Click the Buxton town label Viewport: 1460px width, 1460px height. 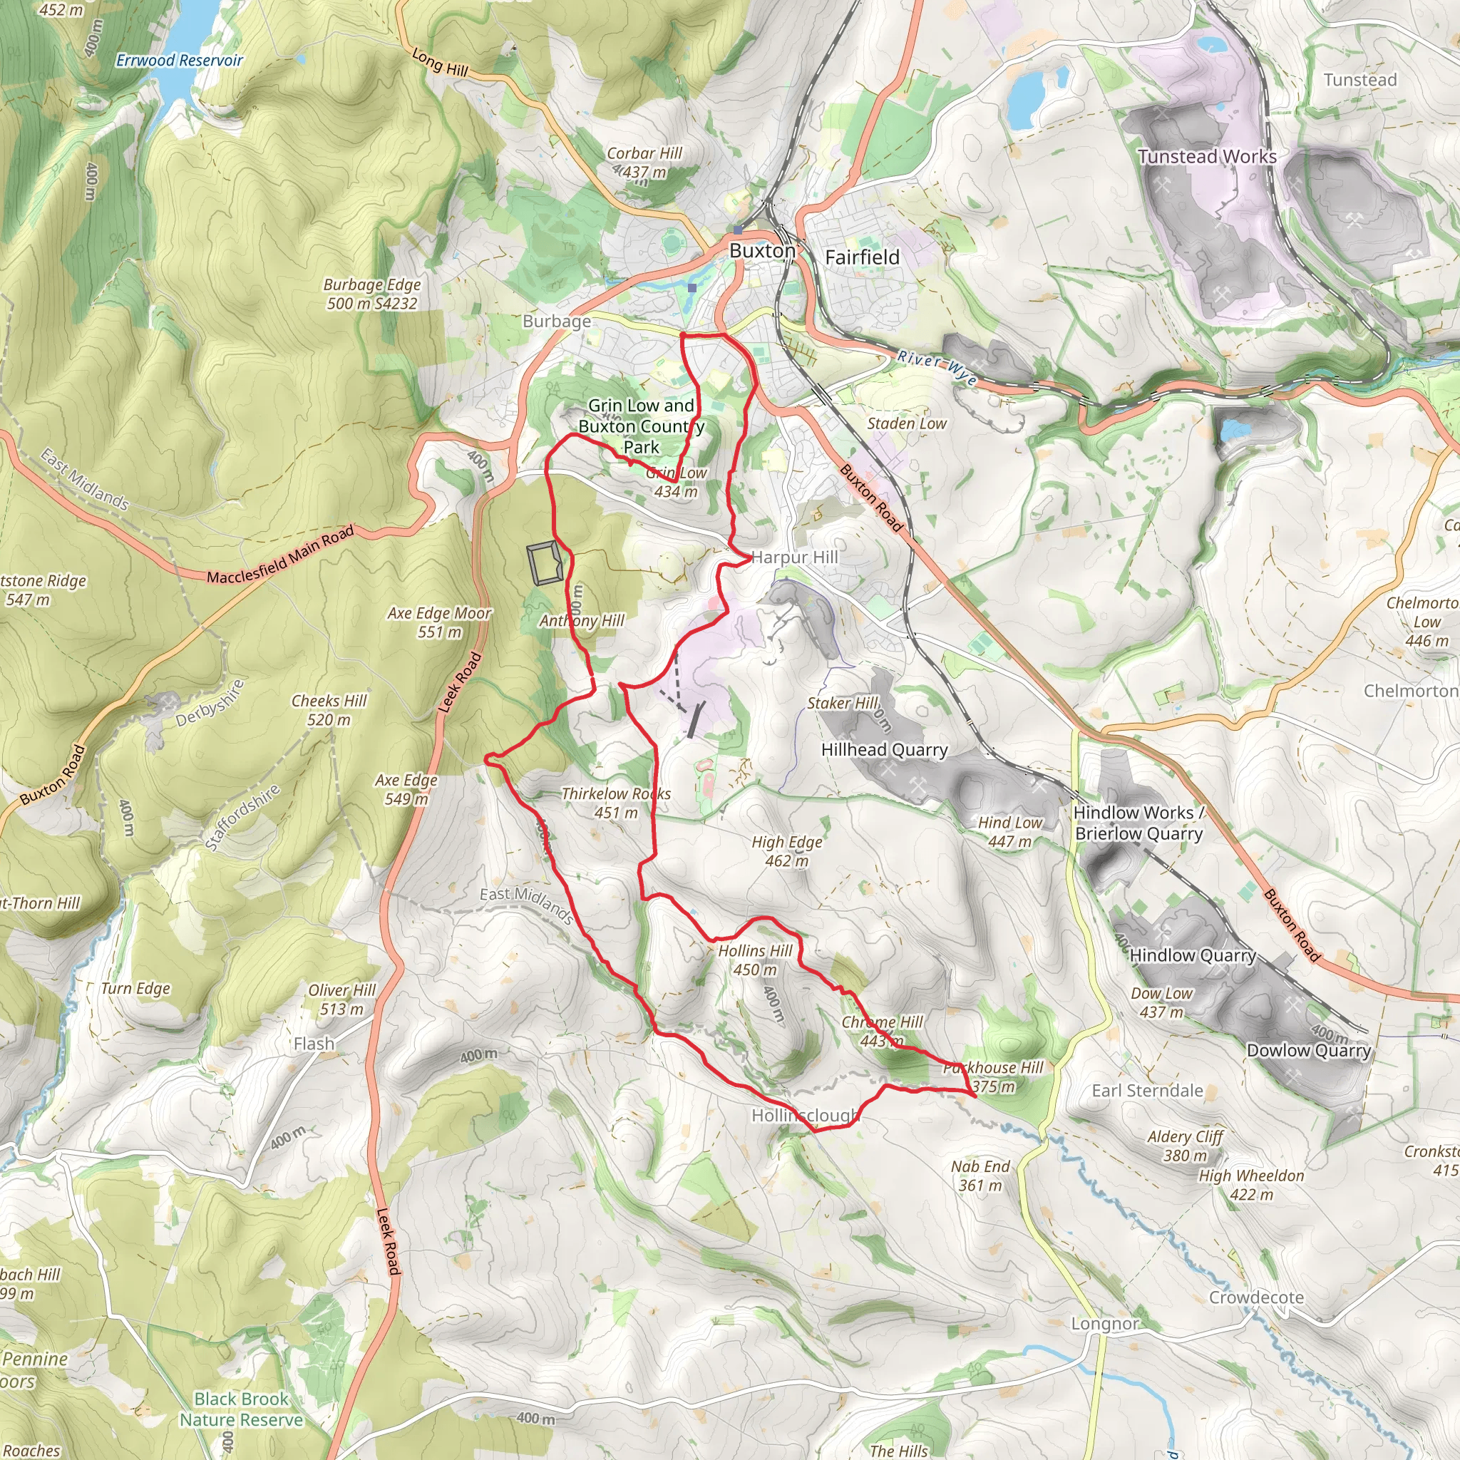(762, 250)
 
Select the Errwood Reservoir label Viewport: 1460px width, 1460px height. (179, 61)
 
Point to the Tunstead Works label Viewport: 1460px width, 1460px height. (1207, 156)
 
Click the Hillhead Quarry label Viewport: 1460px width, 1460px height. (884, 750)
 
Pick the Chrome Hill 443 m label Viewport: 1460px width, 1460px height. (882, 1031)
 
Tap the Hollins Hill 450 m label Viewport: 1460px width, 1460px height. (755, 960)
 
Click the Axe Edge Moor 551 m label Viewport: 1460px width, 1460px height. (439, 622)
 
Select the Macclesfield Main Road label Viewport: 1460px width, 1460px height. (280, 555)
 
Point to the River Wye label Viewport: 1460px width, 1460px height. (937, 366)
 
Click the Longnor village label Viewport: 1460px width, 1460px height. (1104, 1324)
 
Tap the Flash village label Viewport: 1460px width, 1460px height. (314, 1044)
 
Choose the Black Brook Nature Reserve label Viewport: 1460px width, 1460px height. (241, 1409)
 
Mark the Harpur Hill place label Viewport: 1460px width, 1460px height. (795, 557)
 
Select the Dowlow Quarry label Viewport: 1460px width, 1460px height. (1308, 1050)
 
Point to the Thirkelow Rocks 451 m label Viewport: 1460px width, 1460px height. (616, 803)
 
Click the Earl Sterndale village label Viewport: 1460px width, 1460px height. (1146, 1091)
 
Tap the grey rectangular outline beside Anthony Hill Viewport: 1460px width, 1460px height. (544, 564)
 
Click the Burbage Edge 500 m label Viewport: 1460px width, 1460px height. (372, 294)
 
